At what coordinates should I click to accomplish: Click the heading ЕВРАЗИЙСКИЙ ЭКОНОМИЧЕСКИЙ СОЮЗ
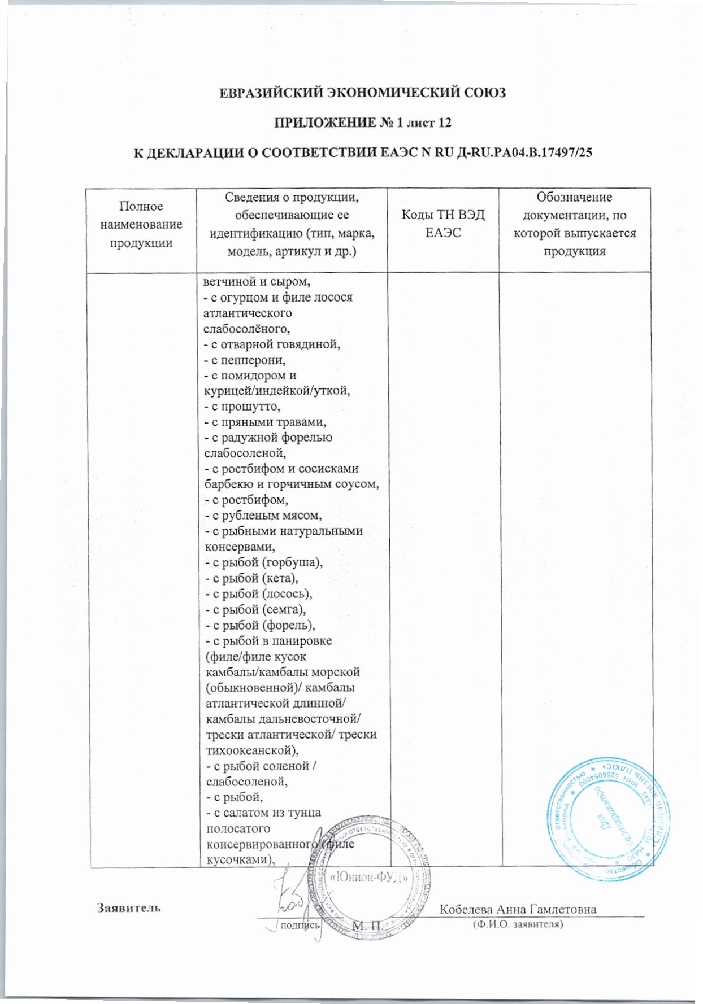[362, 93]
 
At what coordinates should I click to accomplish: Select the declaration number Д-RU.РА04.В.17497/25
[523, 152]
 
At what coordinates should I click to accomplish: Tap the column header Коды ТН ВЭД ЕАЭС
[442, 224]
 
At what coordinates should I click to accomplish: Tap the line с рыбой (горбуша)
[263, 562]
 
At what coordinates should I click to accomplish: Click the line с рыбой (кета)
[251, 578]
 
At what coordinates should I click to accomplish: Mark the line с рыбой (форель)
[259, 625]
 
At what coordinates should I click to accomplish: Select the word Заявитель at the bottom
[128, 908]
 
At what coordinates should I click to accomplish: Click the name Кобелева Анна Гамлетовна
[518, 909]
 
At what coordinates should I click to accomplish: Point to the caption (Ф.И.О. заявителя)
[518, 924]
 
